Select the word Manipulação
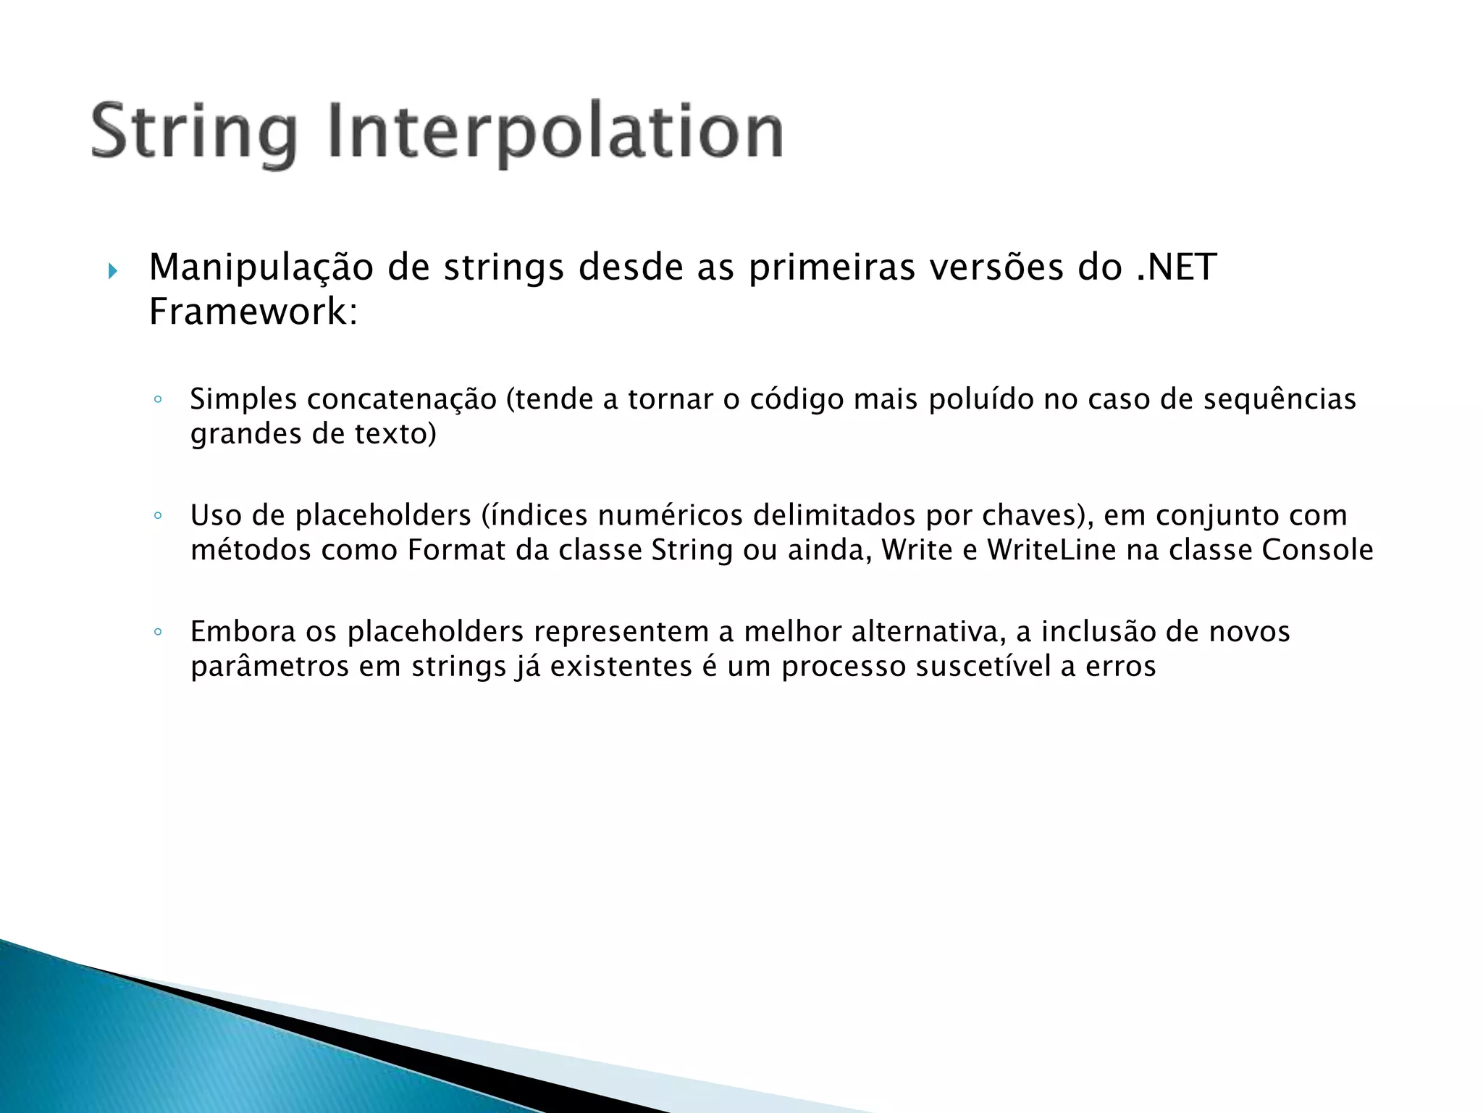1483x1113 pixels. point(261,268)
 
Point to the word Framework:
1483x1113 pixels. point(253,312)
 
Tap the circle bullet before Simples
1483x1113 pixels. point(158,399)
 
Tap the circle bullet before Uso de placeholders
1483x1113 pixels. point(158,516)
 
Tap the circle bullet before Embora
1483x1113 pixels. point(158,632)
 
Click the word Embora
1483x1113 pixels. point(243,632)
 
